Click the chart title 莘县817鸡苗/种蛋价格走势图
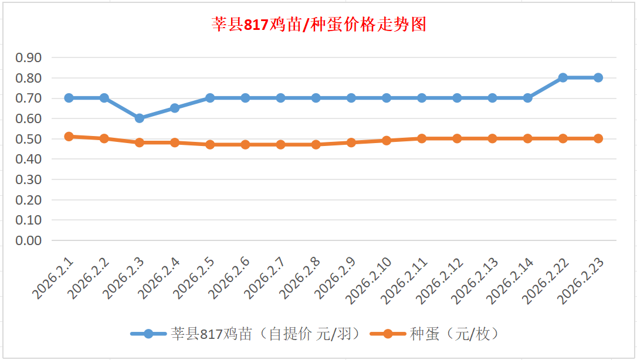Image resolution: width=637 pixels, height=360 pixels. click(318, 25)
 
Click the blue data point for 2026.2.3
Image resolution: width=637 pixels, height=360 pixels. click(140, 118)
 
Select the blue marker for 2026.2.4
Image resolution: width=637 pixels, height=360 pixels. click(175, 108)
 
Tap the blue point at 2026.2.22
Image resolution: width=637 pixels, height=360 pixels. click(563, 77)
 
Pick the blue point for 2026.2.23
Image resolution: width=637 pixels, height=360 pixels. click(598, 77)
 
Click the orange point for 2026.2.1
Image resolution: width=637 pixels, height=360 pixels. click(69, 136)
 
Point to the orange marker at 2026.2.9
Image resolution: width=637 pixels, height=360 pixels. click(351, 142)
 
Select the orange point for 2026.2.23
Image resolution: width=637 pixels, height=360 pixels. click(598, 138)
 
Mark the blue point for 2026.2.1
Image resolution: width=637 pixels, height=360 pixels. click(69, 98)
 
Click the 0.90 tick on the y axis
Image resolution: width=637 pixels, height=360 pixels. click(28, 57)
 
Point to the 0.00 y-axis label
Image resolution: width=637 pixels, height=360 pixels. click(28, 240)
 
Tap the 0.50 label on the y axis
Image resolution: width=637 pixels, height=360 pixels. click(28, 139)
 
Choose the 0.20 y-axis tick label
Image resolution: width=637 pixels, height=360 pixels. click(28, 200)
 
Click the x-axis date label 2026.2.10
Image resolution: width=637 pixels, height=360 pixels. click(368, 280)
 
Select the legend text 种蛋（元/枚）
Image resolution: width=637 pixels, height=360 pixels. click(454, 334)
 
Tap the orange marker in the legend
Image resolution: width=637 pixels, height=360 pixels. click(388, 334)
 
